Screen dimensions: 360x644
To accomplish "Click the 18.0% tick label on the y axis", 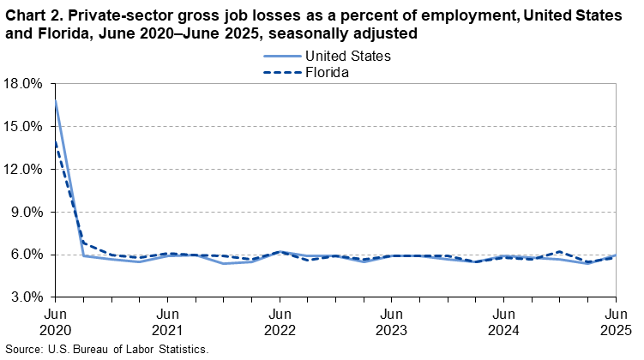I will click(x=24, y=84).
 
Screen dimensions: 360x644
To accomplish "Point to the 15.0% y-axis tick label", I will click(x=24, y=127).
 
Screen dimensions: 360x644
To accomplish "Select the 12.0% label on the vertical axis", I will click(x=24, y=170).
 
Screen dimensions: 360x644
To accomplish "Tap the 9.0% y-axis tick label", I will click(x=27, y=212).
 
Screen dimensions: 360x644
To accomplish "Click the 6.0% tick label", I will click(x=27, y=255).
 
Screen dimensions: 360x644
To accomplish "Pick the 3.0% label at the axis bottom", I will click(x=27, y=297).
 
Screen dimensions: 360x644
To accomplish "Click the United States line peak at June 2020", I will click(x=55, y=101).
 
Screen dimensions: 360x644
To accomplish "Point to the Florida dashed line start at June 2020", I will click(x=55, y=141).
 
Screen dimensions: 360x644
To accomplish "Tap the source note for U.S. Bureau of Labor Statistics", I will click(x=106, y=351).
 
